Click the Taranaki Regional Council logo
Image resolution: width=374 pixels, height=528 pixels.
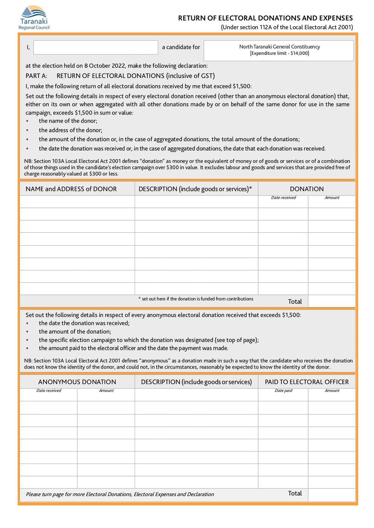click(x=34, y=17)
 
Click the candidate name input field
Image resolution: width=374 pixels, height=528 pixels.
click(x=96, y=47)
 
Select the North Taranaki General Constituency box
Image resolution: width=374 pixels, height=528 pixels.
click(x=279, y=50)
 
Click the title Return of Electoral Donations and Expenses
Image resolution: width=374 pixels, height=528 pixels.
click(x=266, y=18)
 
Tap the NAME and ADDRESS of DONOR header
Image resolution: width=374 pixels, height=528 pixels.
click(x=71, y=189)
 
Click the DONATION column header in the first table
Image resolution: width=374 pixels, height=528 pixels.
click(x=307, y=189)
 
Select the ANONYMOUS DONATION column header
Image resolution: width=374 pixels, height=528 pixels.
click(x=77, y=382)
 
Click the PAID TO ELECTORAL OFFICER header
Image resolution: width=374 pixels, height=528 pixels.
click(x=307, y=382)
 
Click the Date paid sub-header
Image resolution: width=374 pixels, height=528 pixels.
click(x=283, y=391)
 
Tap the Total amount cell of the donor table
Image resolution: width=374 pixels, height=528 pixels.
click(x=332, y=301)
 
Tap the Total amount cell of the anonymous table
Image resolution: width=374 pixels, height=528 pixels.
click(x=332, y=493)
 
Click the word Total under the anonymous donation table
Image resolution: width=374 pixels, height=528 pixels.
click(x=295, y=493)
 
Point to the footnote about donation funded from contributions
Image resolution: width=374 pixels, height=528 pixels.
click(x=196, y=299)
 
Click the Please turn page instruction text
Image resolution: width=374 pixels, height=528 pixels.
click(x=120, y=494)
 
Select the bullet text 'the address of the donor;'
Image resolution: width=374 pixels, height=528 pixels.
click(x=71, y=130)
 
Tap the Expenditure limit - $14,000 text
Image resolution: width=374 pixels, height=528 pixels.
click(x=280, y=54)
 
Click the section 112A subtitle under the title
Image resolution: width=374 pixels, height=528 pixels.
click(x=287, y=28)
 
